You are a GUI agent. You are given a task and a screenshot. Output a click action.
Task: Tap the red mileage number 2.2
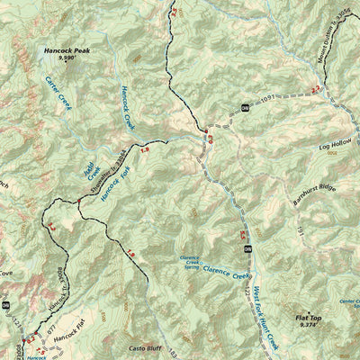pyautogui.click(x=315, y=90)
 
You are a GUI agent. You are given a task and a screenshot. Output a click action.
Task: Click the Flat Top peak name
pyautogui.click(x=308, y=318)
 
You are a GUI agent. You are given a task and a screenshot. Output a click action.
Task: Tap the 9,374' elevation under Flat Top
pyautogui.click(x=308, y=326)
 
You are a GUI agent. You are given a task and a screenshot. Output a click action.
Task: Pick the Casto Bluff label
pyautogui.click(x=145, y=346)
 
